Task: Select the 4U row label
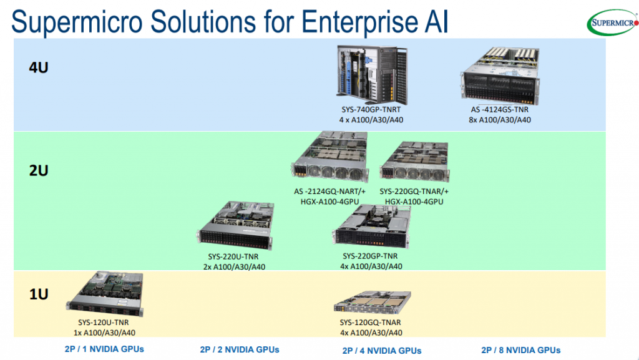[x=39, y=67]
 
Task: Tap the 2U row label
[x=39, y=170]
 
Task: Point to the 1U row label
[x=39, y=293]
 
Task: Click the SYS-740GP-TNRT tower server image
[x=373, y=74]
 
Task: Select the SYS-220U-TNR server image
[x=235, y=225]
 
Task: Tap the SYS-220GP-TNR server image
[x=371, y=228]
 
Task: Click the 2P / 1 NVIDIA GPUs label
[x=104, y=349]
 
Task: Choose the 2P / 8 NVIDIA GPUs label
[x=520, y=350]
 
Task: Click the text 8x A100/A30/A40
[x=500, y=120]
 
